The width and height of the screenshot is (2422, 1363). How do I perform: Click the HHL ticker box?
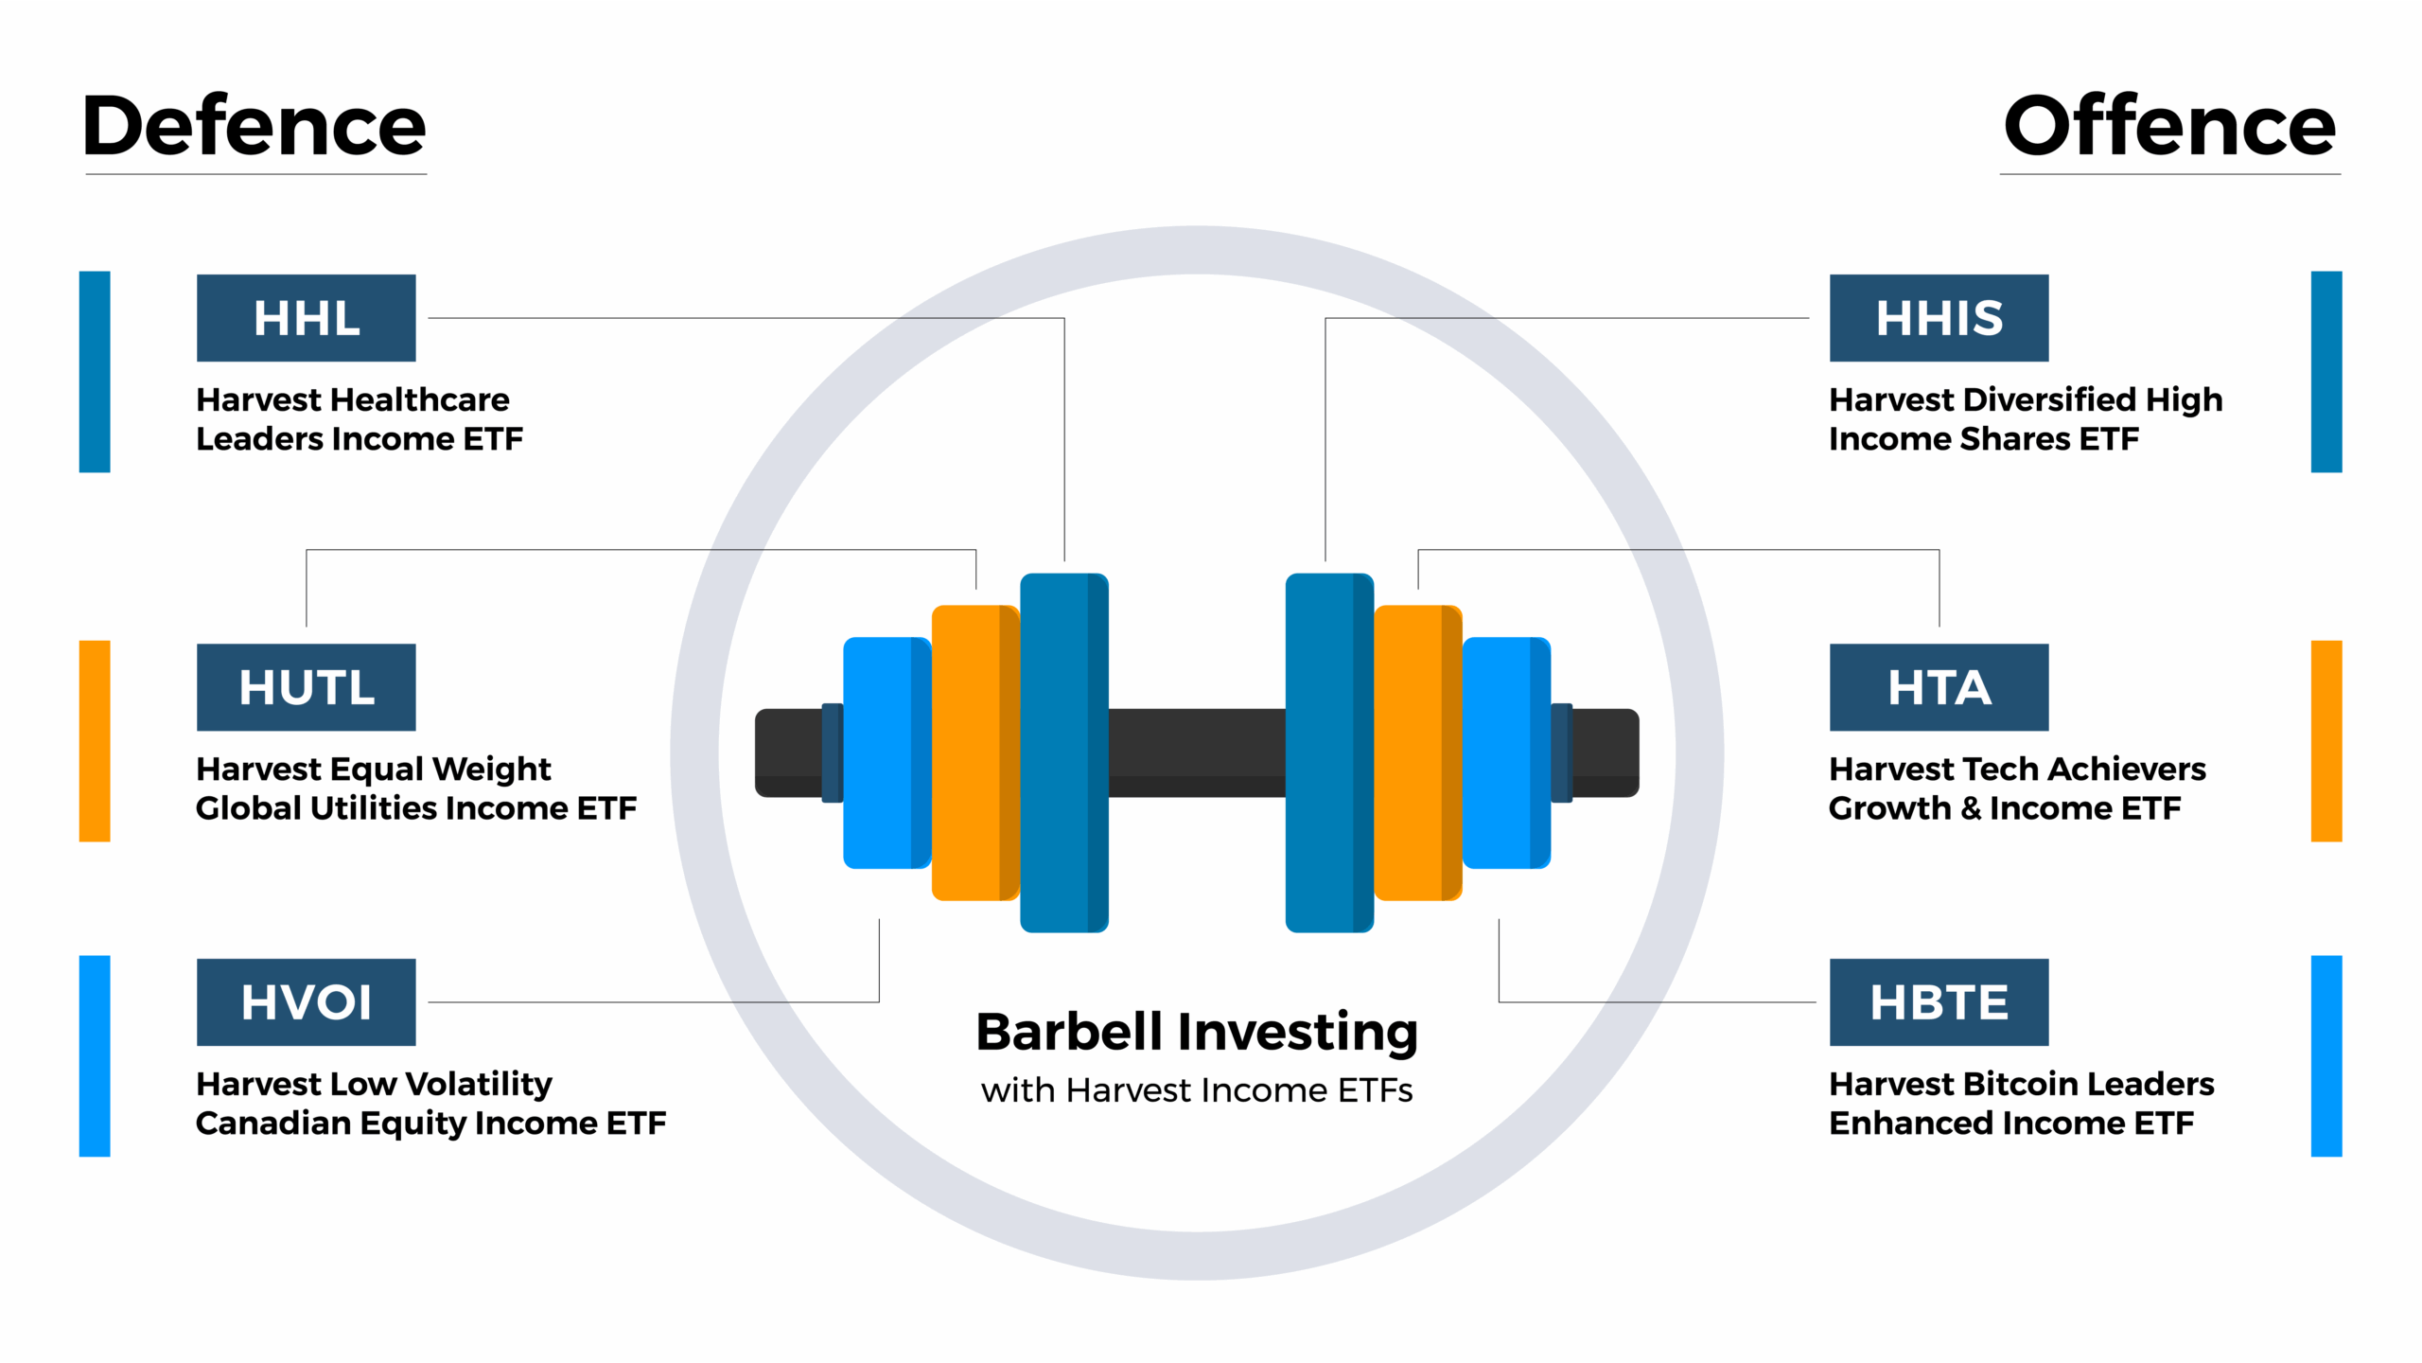(306, 318)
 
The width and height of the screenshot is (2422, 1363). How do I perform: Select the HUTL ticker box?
(306, 687)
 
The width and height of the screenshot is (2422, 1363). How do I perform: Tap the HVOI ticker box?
(306, 1002)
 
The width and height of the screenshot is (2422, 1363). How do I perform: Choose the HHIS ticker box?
(1939, 318)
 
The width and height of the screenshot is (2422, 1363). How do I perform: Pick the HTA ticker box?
(1939, 687)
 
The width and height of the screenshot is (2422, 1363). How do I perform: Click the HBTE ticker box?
(1939, 1002)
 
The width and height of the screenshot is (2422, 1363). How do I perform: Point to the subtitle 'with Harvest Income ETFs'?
(1197, 1090)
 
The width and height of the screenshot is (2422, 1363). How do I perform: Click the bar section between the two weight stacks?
(1197, 752)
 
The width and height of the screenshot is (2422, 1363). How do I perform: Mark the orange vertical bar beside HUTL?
(95, 741)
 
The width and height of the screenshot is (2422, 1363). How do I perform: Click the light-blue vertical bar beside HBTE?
(2325, 1055)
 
